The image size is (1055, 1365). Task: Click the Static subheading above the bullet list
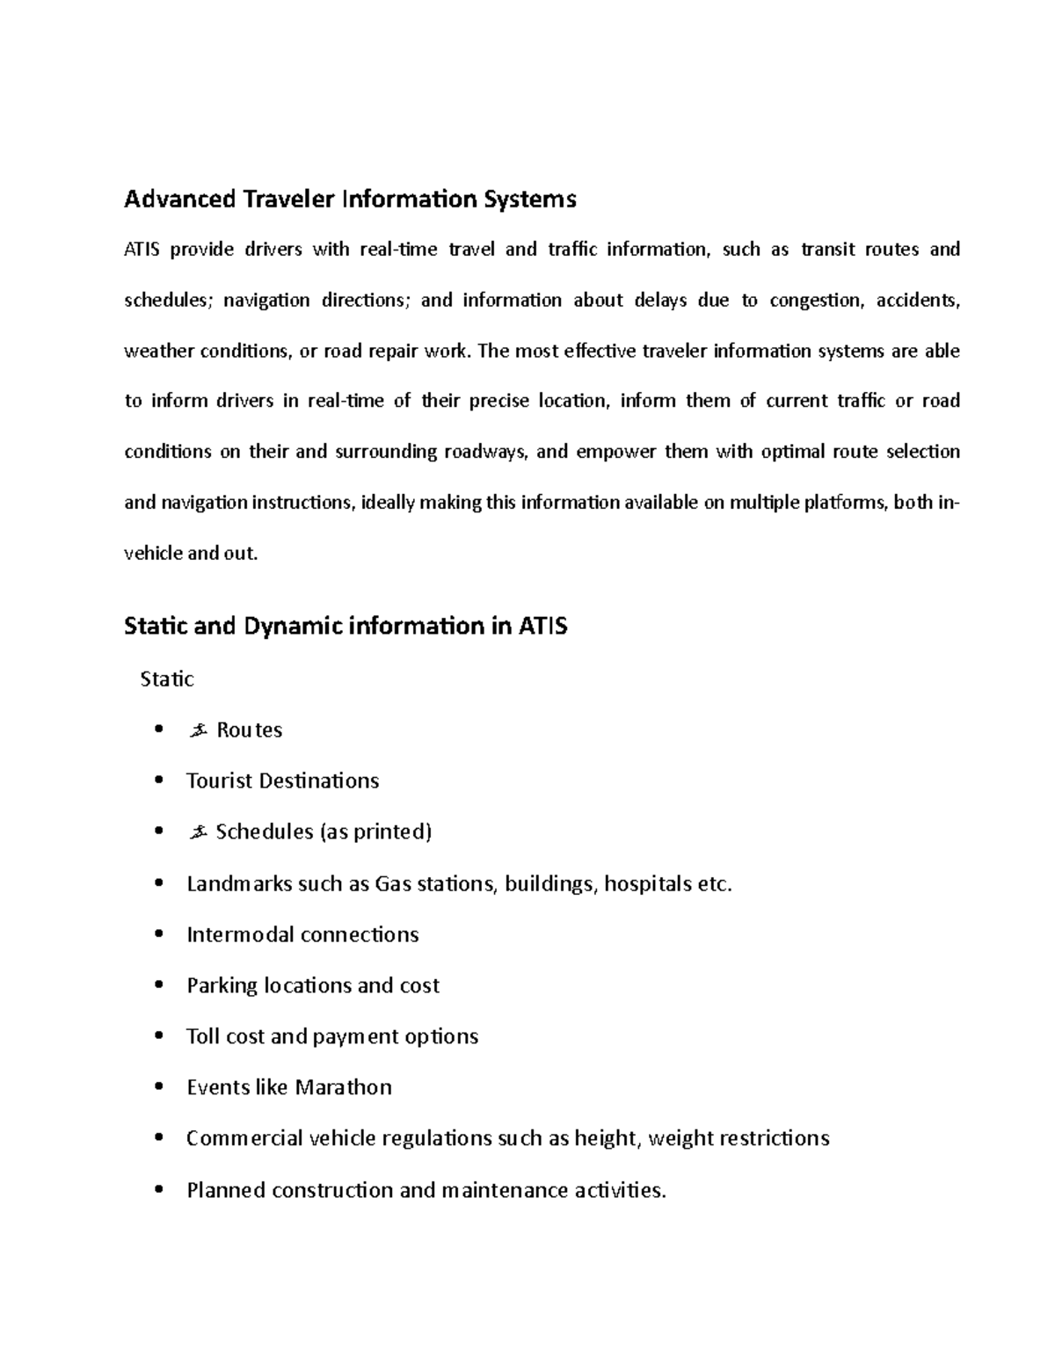pos(167,679)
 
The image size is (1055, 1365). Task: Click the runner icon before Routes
pos(197,730)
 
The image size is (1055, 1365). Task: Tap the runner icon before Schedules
pos(197,831)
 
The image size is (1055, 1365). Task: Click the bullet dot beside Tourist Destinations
pos(158,781)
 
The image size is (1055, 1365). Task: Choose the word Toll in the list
pos(202,1036)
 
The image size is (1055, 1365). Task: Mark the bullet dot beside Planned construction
pos(158,1190)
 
